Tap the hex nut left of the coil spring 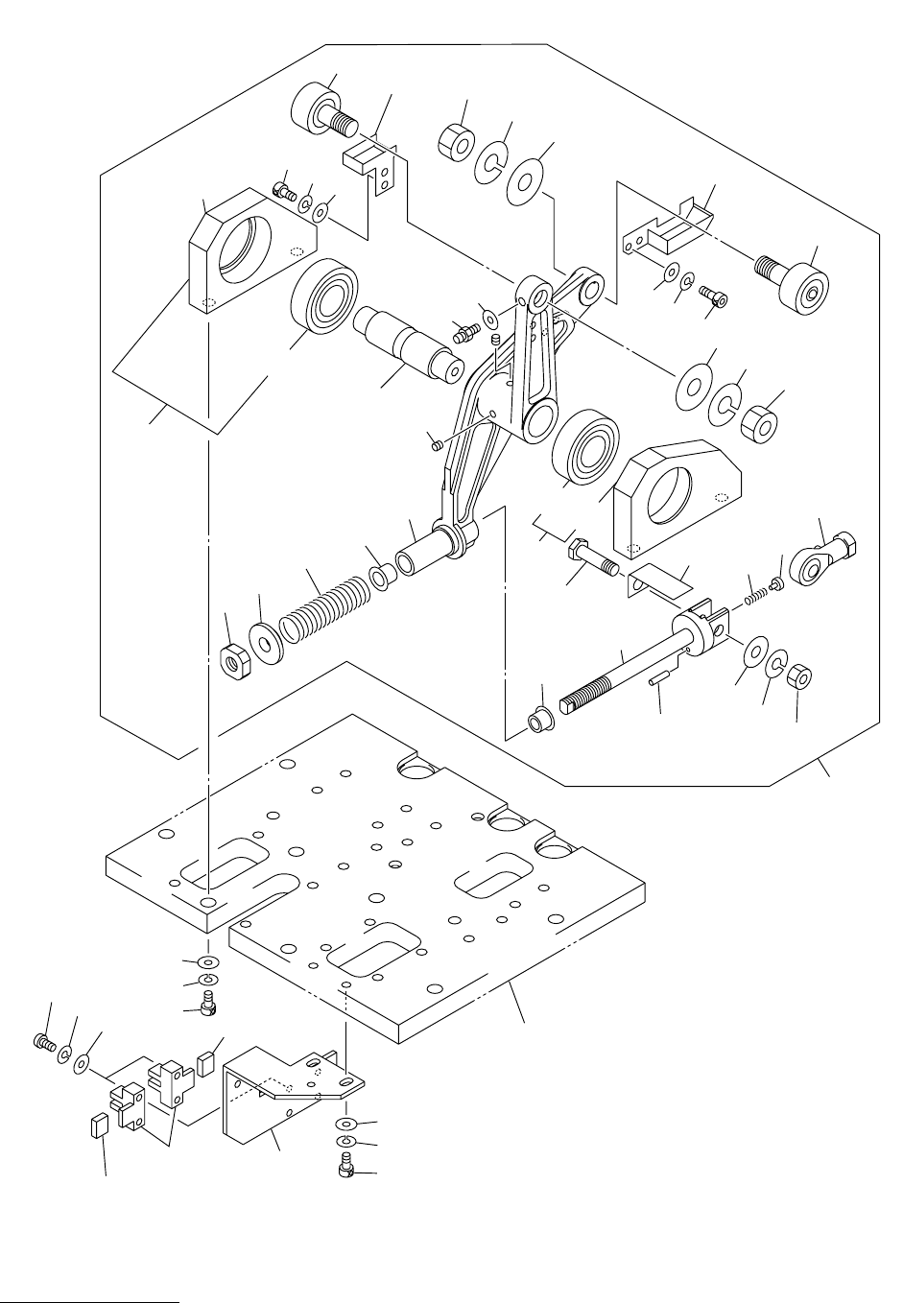click(235, 660)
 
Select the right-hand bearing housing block click(677, 500)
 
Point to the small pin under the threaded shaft click(656, 680)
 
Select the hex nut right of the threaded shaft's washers click(798, 679)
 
